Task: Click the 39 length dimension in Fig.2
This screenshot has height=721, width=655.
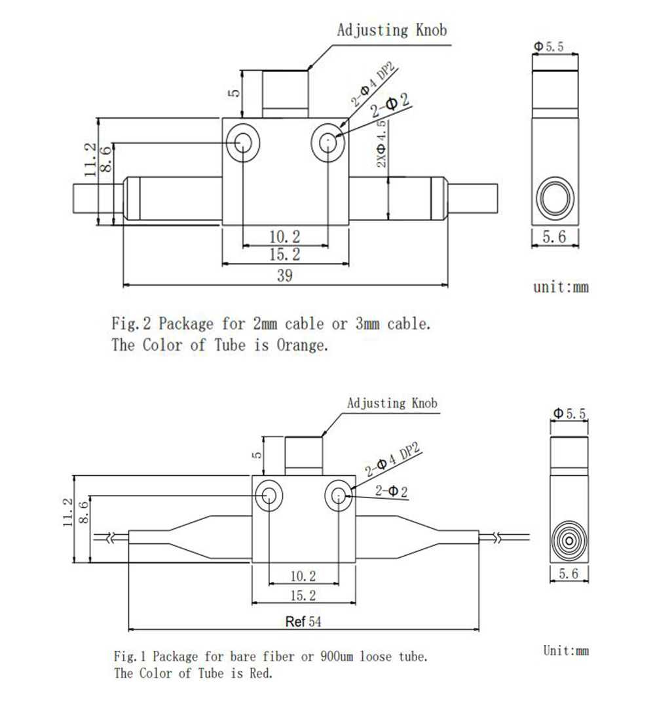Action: tap(284, 276)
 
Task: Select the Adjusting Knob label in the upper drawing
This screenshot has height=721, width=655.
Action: tap(392, 29)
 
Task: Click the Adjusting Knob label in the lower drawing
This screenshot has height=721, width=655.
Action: tap(392, 402)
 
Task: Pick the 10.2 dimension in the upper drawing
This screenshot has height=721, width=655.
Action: tap(285, 236)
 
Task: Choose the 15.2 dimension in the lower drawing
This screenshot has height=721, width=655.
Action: tap(303, 595)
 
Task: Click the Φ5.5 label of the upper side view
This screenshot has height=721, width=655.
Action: tap(549, 47)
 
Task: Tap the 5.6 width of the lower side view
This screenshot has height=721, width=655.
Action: tap(567, 574)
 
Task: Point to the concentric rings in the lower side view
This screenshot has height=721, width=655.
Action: tap(568, 541)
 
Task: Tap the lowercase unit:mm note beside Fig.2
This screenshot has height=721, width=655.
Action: tap(561, 287)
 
